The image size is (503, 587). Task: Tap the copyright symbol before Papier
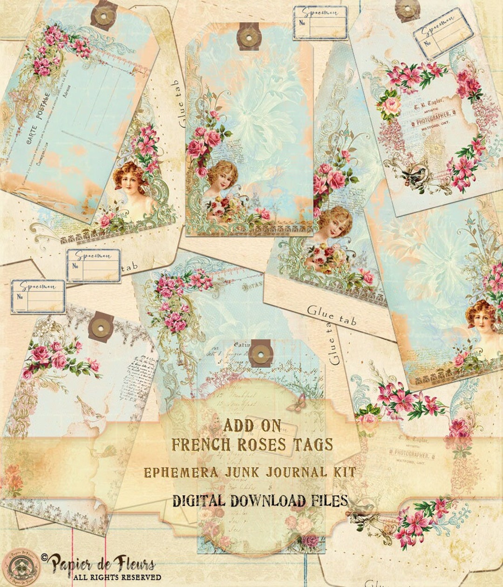point(45,558)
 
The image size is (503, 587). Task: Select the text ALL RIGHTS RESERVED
point(116,577)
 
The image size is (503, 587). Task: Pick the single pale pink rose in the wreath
point(391,107)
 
